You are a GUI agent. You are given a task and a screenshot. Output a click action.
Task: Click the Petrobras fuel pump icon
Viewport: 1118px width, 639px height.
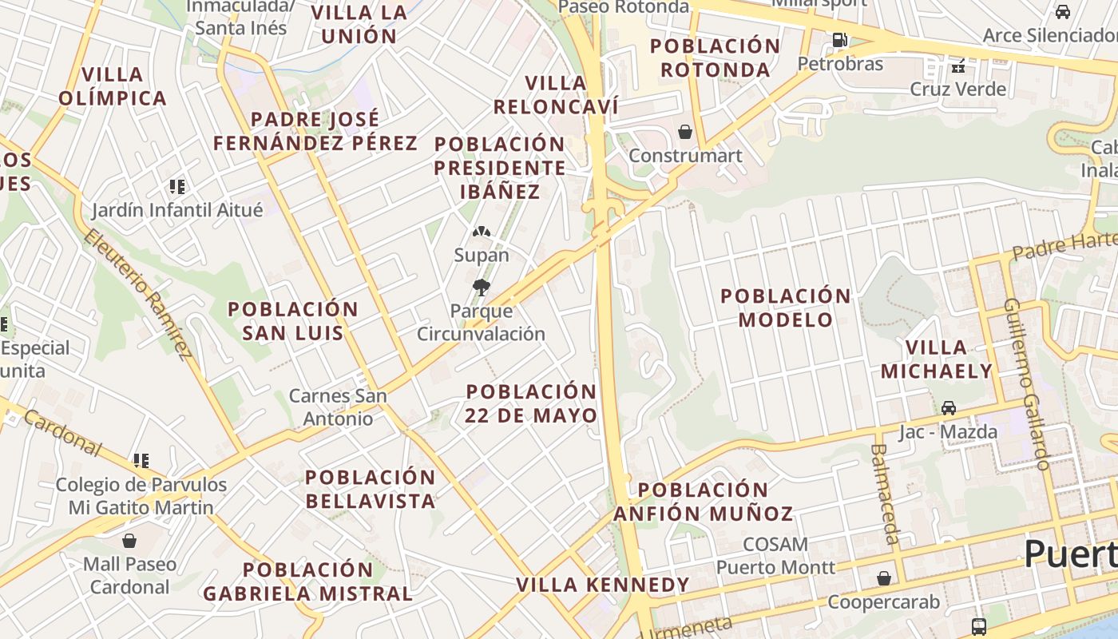839,39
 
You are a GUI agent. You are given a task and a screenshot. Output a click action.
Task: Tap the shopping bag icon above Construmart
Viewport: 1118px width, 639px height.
685,132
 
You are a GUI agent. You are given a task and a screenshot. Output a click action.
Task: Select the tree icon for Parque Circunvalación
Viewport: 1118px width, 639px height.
481,288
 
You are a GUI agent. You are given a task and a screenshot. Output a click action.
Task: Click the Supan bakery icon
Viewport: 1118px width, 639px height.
481,232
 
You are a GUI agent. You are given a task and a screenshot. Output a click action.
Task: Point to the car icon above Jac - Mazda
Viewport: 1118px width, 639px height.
949,408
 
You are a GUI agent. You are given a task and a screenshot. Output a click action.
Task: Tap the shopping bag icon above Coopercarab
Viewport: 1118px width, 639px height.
884,577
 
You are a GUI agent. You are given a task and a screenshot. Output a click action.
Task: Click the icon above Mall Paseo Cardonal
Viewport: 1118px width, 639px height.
129,541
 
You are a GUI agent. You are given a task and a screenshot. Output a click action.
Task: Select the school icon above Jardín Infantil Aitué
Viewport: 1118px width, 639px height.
176,187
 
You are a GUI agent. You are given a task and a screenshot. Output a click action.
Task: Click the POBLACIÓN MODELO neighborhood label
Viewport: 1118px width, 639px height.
786,308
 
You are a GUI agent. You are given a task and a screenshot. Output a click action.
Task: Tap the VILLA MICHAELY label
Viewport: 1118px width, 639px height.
937,359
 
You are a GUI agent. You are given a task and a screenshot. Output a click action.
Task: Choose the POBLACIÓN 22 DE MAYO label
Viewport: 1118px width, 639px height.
531,403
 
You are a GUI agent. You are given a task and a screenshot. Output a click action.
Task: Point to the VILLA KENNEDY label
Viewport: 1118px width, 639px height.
602,585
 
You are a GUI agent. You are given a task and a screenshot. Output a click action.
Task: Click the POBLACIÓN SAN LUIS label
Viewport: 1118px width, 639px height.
293,321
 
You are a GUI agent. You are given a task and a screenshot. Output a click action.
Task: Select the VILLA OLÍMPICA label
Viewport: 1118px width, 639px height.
113,86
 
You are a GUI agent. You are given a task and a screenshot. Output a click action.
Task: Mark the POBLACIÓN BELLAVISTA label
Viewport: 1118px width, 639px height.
371,489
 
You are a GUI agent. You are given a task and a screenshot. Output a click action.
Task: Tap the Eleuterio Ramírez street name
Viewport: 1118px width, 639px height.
137,294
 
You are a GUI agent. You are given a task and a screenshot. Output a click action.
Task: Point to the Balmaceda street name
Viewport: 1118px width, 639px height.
886,494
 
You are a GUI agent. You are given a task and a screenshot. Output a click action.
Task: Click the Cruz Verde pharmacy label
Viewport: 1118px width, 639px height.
958,89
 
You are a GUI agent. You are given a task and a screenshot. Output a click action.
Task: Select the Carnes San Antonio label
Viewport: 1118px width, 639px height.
338,407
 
